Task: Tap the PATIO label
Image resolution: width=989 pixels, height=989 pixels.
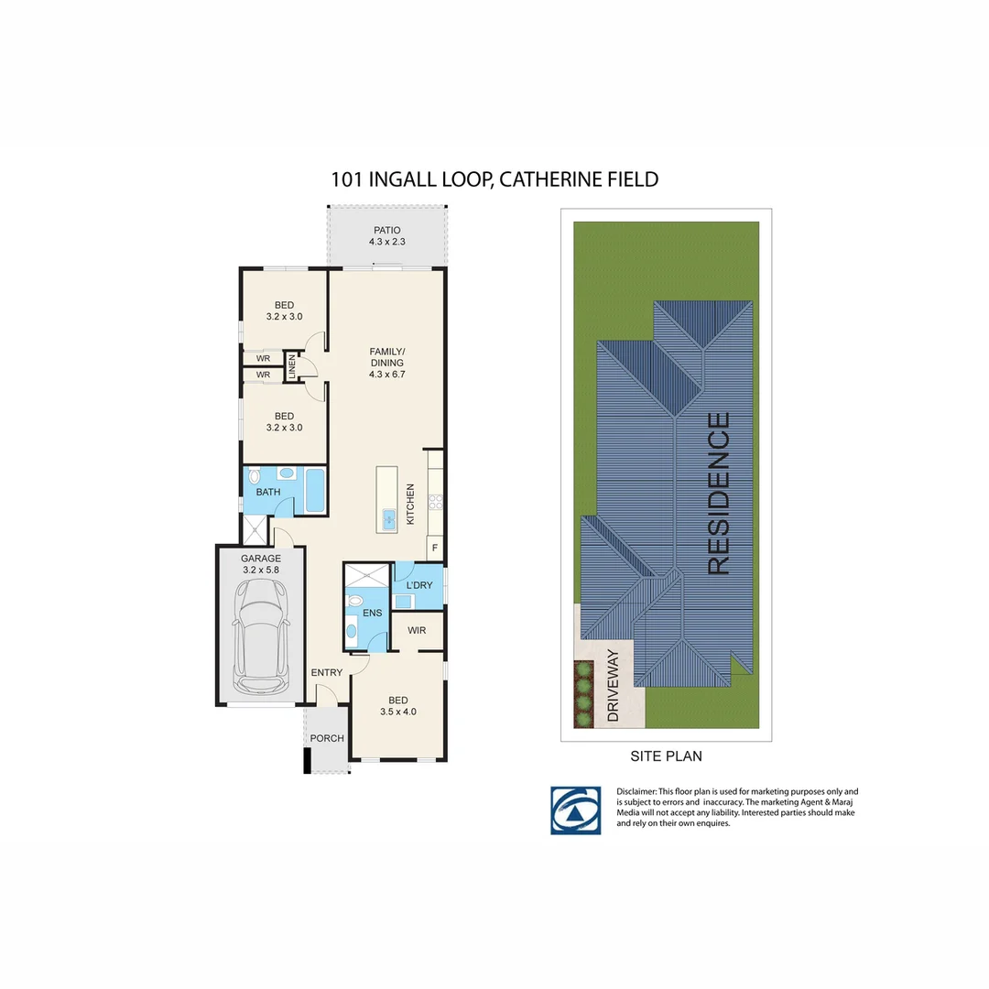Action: [386, 231]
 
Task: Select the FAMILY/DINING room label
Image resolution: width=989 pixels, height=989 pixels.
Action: [386, 357]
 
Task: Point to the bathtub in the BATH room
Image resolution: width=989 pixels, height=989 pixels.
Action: [313, 491]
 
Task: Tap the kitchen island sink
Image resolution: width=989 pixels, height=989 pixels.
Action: [388, 519]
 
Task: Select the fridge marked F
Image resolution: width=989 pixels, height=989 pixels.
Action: [434, 549]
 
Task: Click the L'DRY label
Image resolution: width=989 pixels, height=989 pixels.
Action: [418, 585]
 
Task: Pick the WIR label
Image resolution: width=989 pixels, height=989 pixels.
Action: [417, 631]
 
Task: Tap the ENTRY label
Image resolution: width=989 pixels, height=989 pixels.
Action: [326, 673]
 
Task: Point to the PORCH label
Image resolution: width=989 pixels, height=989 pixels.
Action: [327, 739]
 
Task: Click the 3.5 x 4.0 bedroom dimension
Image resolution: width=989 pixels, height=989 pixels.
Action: [398, 711]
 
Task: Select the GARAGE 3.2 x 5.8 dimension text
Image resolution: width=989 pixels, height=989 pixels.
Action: [260, 570]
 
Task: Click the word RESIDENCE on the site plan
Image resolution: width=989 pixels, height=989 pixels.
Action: [719, 494]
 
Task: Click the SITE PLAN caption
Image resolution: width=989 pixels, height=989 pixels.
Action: [665, 756]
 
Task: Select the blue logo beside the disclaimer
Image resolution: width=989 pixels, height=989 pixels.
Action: [575, 810]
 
